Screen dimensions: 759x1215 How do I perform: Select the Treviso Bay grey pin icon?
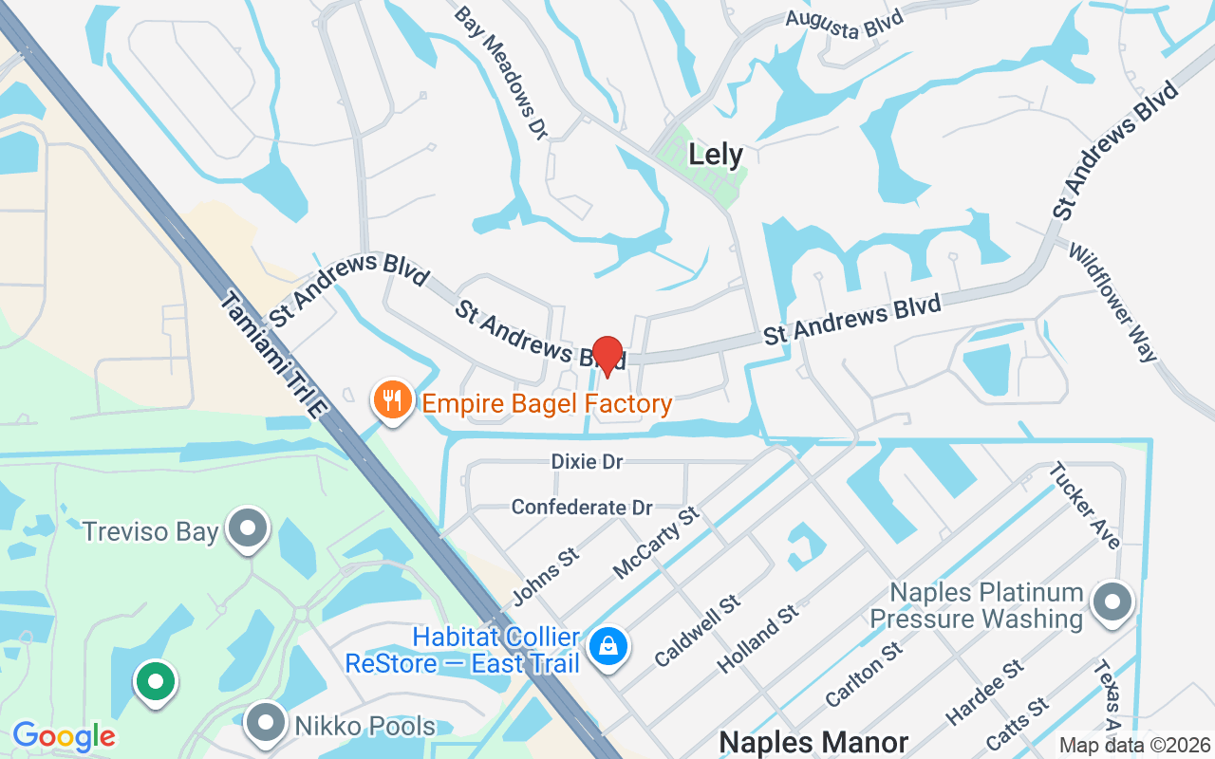tap(251, 529)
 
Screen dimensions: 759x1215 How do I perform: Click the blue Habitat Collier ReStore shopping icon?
tap(607, 647)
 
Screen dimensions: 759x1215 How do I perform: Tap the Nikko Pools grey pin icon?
tap(266, 723)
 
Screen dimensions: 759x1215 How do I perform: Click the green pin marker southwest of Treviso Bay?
tap(155, 680)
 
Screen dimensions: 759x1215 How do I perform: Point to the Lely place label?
tap(716, 154)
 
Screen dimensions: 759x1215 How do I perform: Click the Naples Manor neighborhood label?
tap(813, 742)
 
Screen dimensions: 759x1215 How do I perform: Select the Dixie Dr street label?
tap(587, 462)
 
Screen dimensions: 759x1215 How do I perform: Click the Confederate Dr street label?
tap(581, 508)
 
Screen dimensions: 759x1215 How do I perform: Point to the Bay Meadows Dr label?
tap(501, 74)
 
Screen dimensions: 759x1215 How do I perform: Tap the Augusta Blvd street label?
tap(844, 22)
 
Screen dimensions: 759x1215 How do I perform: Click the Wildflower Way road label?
tap(1113, 303)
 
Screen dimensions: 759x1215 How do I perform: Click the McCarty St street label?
tap(656, 543)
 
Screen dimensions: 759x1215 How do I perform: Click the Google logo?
tap(64, 736)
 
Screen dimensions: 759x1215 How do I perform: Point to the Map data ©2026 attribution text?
tap(1134, 746)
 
